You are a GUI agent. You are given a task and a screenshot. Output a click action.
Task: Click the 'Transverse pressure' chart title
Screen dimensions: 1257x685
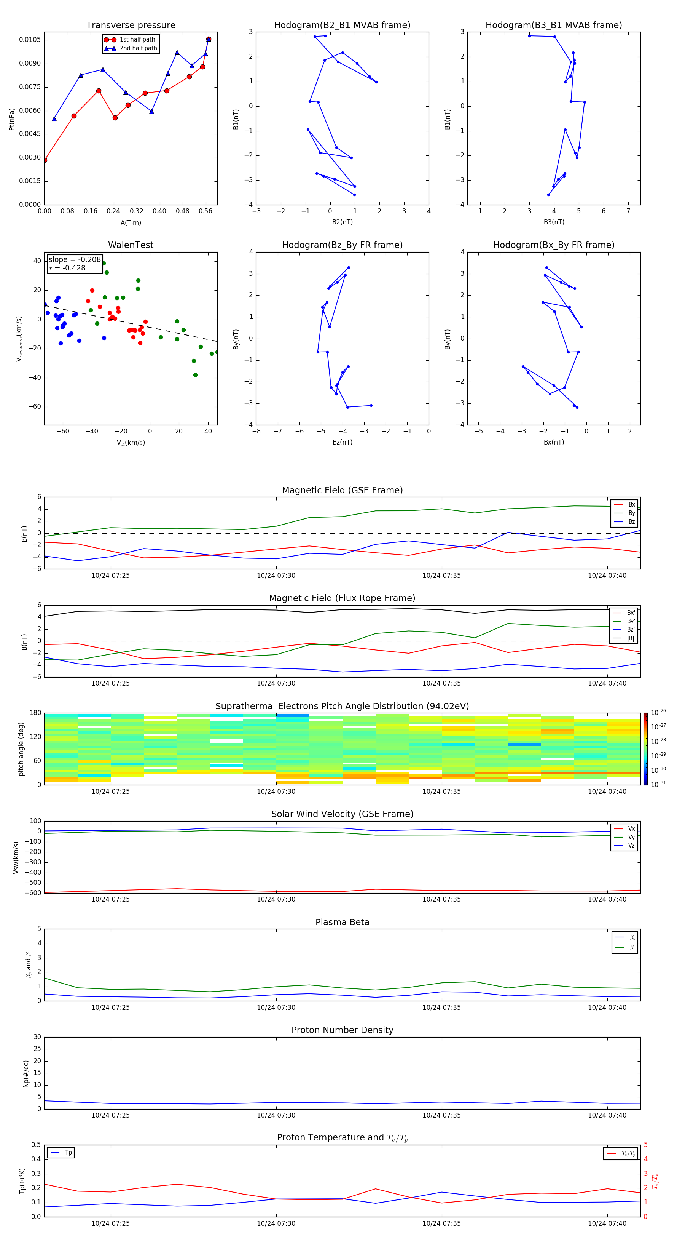click(x=131, y=26)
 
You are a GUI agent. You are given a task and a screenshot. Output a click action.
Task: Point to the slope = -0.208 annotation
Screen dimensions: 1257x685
click(x=75, y=260)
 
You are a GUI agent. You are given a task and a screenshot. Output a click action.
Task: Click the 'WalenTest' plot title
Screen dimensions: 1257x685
click(x=131, y=245)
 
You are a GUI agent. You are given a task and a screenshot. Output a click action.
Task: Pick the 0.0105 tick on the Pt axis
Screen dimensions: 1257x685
click(x=30, y=40)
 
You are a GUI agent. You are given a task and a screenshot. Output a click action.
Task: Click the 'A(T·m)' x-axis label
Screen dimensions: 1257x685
click(x=131, y=222)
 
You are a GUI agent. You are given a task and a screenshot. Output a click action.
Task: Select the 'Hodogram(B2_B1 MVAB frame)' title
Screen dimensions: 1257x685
click(x=342, y=26)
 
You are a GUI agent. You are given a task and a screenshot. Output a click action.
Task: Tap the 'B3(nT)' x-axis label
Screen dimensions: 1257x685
click(x=554, y=222)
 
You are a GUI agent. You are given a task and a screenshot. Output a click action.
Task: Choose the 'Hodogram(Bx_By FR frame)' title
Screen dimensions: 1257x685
click(x=553, y=245)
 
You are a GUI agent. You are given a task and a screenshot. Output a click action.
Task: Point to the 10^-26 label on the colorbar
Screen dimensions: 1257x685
click(x=658, y=712)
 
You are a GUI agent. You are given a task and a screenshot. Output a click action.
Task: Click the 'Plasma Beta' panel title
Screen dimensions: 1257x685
click(x=342, y=922)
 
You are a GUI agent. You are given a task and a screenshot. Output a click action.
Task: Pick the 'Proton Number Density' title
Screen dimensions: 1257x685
click(x=342, y=1030)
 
